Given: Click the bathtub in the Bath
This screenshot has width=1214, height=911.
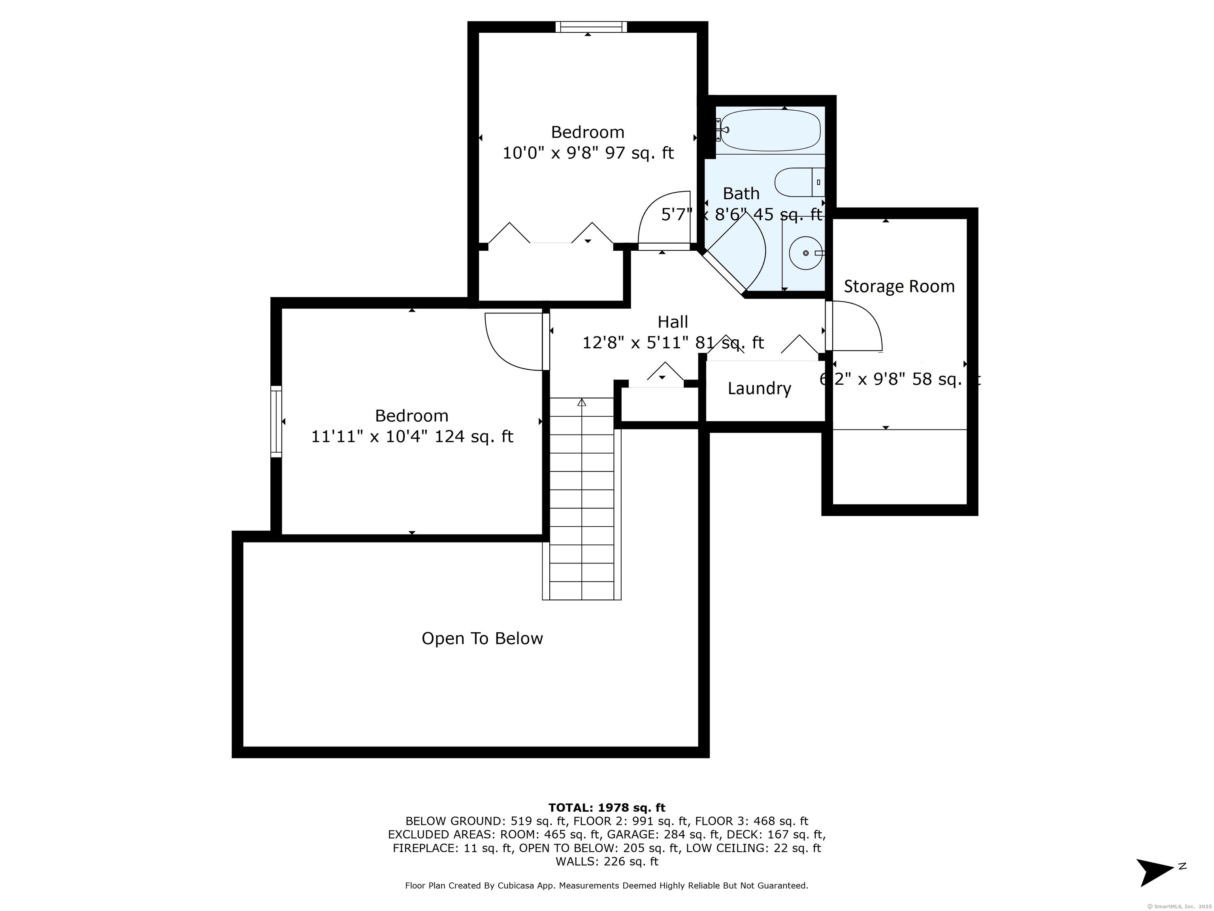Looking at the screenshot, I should (770, 130).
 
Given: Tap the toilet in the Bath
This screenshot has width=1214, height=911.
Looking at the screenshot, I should (799, 182).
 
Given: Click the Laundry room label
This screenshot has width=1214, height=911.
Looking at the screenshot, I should (759, 388).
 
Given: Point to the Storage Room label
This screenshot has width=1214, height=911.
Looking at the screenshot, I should (899, 286).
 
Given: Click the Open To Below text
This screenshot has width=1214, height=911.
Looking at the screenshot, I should (482, 638).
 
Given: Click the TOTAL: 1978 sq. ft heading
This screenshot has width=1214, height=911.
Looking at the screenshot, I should (607, 808).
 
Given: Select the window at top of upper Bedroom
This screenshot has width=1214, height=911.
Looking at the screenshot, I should (590, 27).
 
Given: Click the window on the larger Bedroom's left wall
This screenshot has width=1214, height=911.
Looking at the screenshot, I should (276, 421).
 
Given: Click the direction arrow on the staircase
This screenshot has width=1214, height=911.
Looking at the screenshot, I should (582, 403).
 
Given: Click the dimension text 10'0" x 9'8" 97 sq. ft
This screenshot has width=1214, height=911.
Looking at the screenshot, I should (588, 153).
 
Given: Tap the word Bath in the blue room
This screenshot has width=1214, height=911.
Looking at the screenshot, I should (741, 193).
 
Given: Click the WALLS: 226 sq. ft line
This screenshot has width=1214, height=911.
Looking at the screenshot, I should (607, 862).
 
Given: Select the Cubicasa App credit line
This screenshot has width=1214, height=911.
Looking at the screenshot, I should (607, 885).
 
